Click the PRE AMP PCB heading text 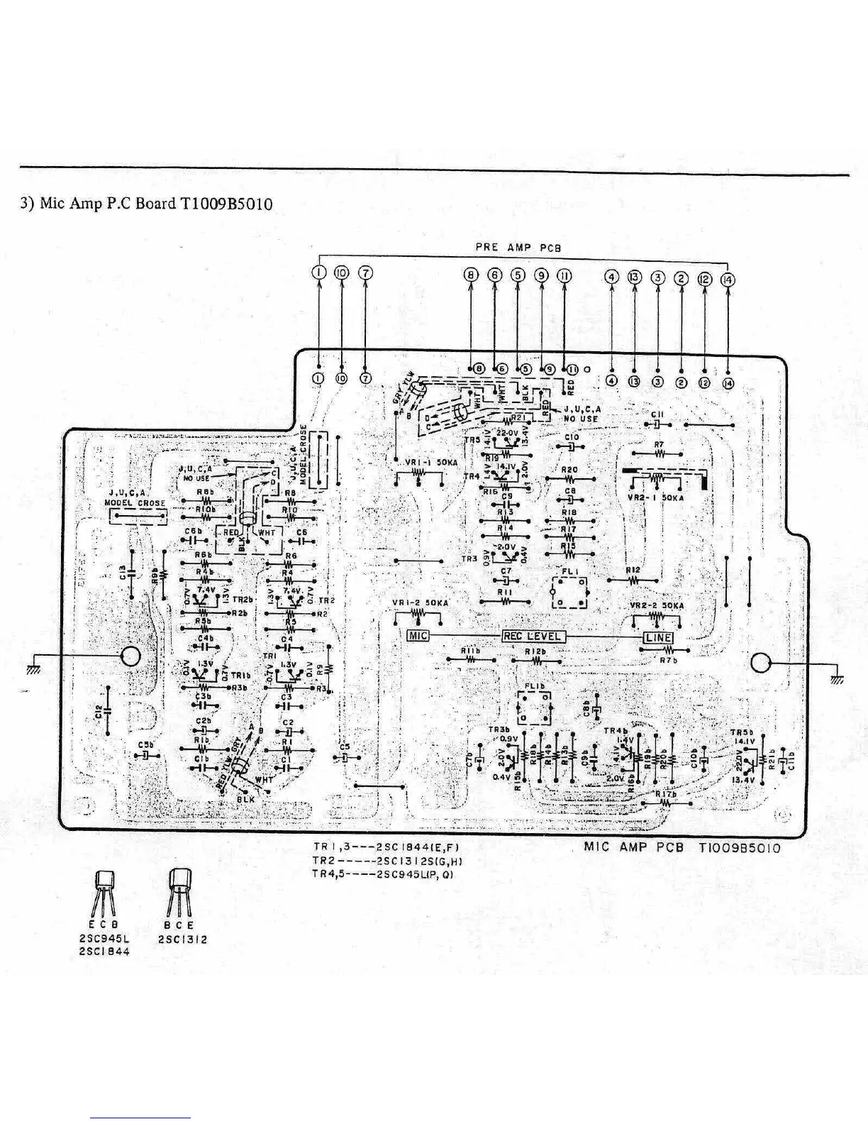(x=518, y=248)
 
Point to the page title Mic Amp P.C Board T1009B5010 (x=146, y=204)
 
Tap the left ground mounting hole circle (x=132, y=657)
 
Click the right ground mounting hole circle (x=760, y=663)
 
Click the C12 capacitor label (x=99, y=710)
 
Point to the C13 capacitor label (x=122, y=572)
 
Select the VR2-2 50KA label (x=657, y=607)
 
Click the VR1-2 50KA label (x=420, y=604)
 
